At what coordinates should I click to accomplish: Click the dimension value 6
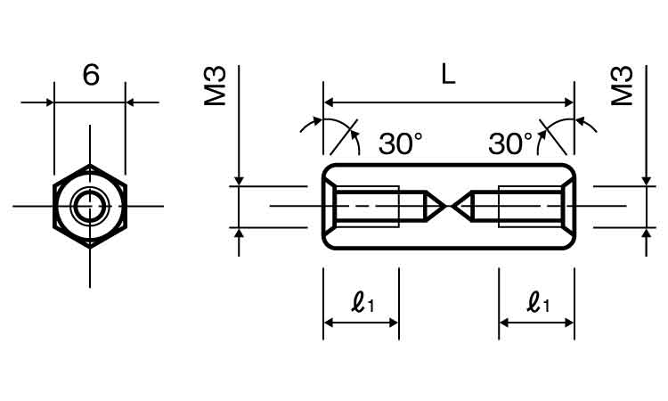tap(90, 75)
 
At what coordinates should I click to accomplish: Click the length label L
tap(448, 74)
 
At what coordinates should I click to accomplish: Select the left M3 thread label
tap(216, 86)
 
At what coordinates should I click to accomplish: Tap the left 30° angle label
tap(400, 143)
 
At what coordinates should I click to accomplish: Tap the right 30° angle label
tap(510, 143)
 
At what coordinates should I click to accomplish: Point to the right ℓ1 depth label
tap(537, 305)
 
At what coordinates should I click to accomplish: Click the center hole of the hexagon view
tap(89, 207)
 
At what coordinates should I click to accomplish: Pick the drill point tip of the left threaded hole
tap(443, 207)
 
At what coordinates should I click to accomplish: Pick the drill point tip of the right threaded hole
tap(454, 207)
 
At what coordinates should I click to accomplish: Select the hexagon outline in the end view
tap(55, 207)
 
